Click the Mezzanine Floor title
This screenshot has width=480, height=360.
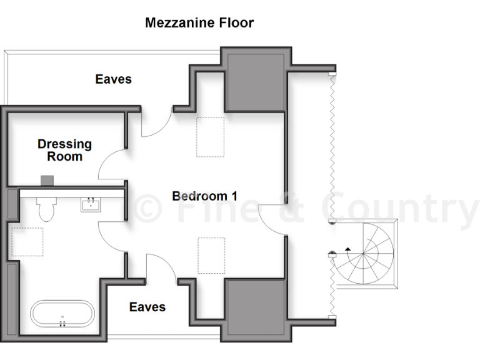[x=199, y=23]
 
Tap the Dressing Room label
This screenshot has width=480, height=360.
[x=64, y=150]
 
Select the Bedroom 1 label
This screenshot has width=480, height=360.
[x=204, y=196]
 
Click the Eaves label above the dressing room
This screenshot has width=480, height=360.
[x=113, y=79]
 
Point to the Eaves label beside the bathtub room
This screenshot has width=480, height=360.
[x=147, y=307]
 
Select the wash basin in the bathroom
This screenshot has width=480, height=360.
[x=91, y=204]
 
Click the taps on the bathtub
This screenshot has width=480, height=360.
[x=62, y=323]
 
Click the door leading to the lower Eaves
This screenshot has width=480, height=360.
[x=161, y=269]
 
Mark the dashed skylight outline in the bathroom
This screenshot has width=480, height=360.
[x=27, y=242]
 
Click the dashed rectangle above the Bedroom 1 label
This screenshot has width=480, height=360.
[x=210, y=137]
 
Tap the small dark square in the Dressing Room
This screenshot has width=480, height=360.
[x=47, y=181]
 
